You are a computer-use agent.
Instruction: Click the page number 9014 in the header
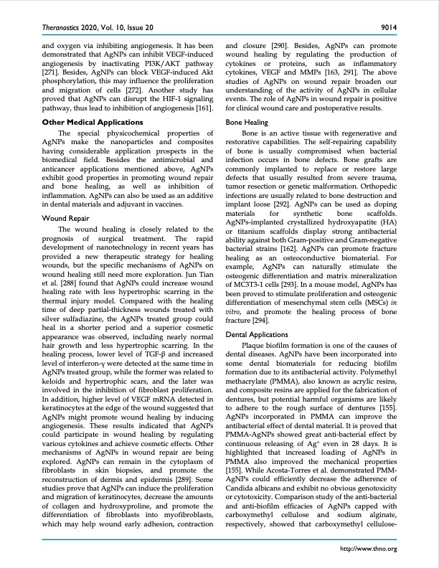coord(388,27)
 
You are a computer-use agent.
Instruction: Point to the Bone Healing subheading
coord(247,123)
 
